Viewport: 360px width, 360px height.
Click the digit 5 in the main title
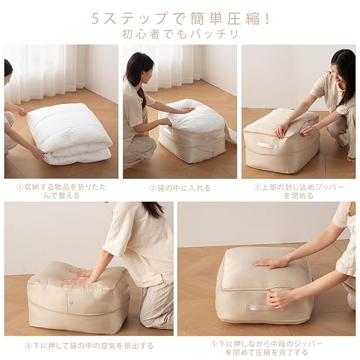[96, 19]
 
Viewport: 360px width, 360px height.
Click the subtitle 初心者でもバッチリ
[180, 34]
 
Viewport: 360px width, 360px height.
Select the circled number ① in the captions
[20, 187]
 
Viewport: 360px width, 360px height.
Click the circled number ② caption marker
[153, 188]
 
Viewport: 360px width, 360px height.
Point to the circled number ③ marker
[257, 187]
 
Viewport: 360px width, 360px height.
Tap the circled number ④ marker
[28, 346]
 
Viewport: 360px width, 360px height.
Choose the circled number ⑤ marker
[214, 344]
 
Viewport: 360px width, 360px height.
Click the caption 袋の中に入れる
[184, 188]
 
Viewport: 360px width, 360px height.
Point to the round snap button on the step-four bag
[71, 303]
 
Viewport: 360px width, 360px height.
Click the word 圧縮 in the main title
[242, 19]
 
